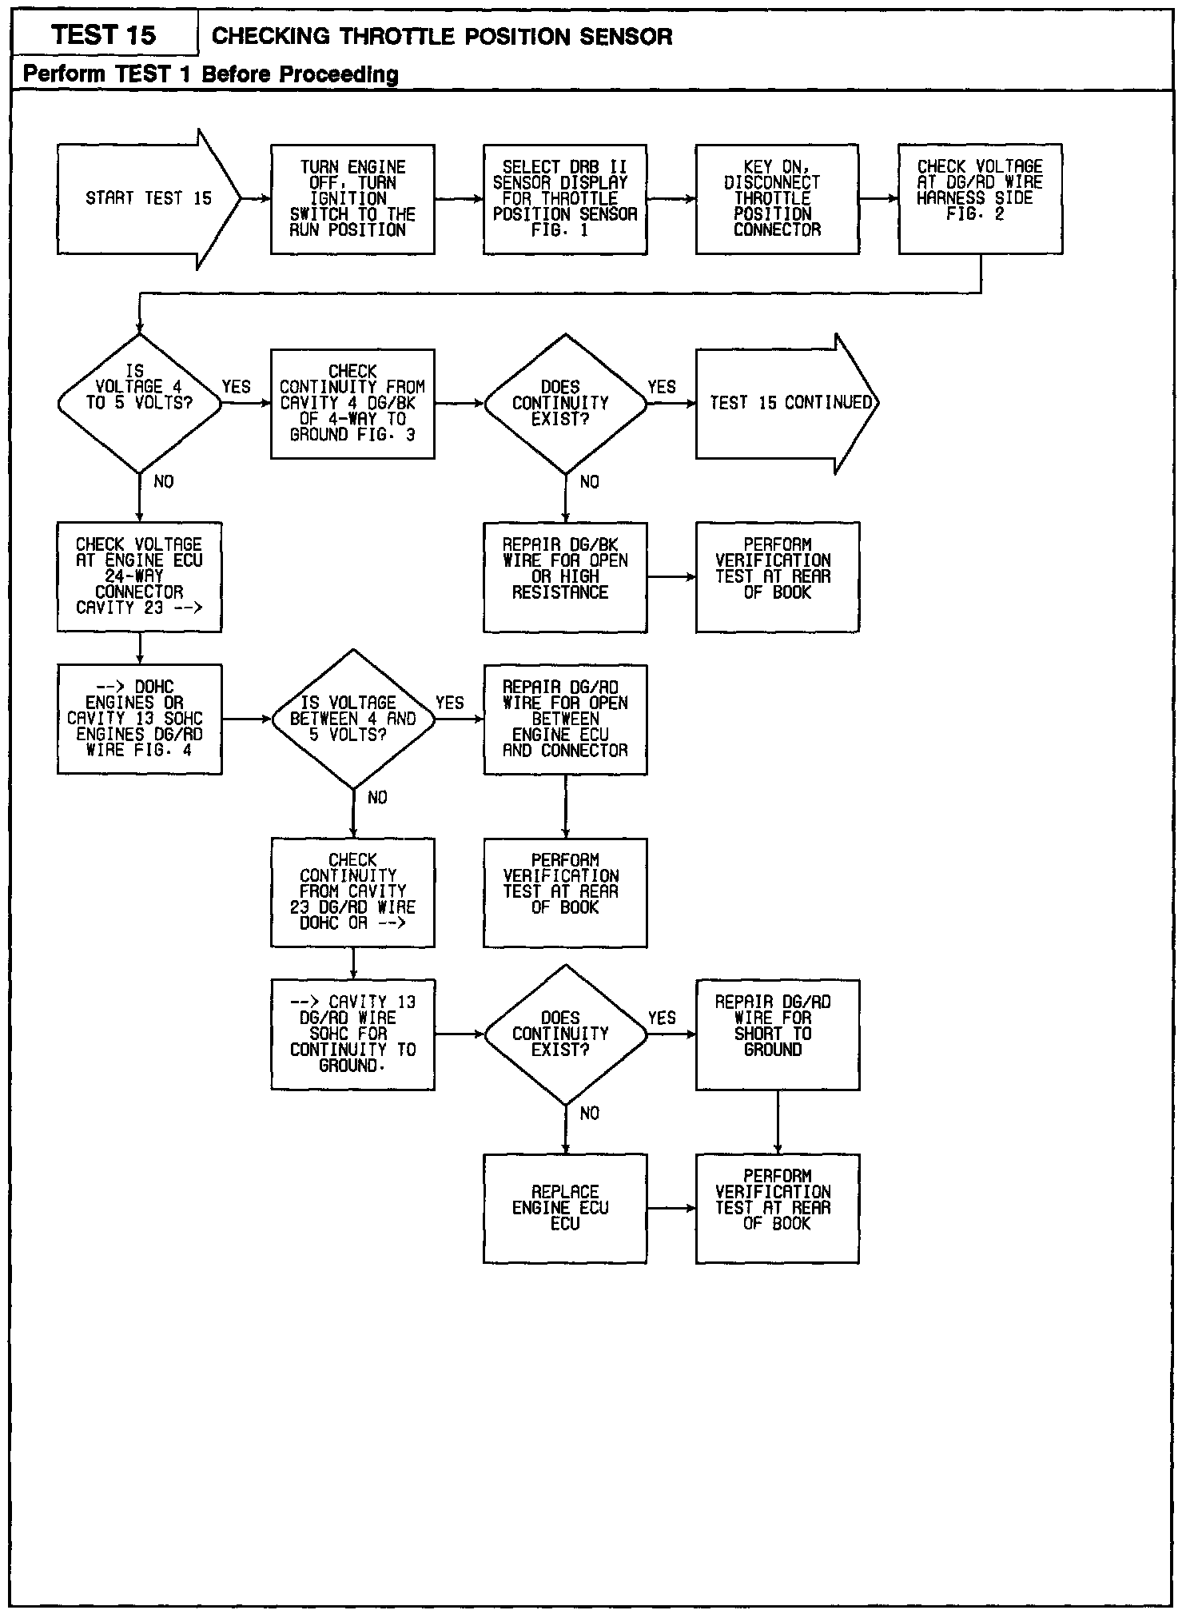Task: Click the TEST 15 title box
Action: [105, 35]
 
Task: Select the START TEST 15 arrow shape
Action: [148, 199]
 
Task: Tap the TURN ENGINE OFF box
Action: [352, 199]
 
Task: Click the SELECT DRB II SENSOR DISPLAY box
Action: [565, 199]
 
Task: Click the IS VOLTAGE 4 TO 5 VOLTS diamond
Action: [139, 403]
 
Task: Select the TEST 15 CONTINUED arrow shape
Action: [786, 403]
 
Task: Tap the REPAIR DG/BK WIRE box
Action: [565, 577]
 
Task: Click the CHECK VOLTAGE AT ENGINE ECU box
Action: [139, 577]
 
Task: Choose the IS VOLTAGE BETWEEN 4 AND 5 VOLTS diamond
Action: [352, 719]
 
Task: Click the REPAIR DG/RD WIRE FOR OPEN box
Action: [565, 719]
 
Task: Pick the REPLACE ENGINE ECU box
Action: [565, 1208]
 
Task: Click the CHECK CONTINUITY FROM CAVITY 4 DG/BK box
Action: [352, 403]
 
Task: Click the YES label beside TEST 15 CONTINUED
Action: [662, 388]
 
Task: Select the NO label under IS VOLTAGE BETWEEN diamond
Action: [376, 798]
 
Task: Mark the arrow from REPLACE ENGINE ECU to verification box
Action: [671, 1208]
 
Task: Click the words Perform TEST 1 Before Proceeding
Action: [210, 74]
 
